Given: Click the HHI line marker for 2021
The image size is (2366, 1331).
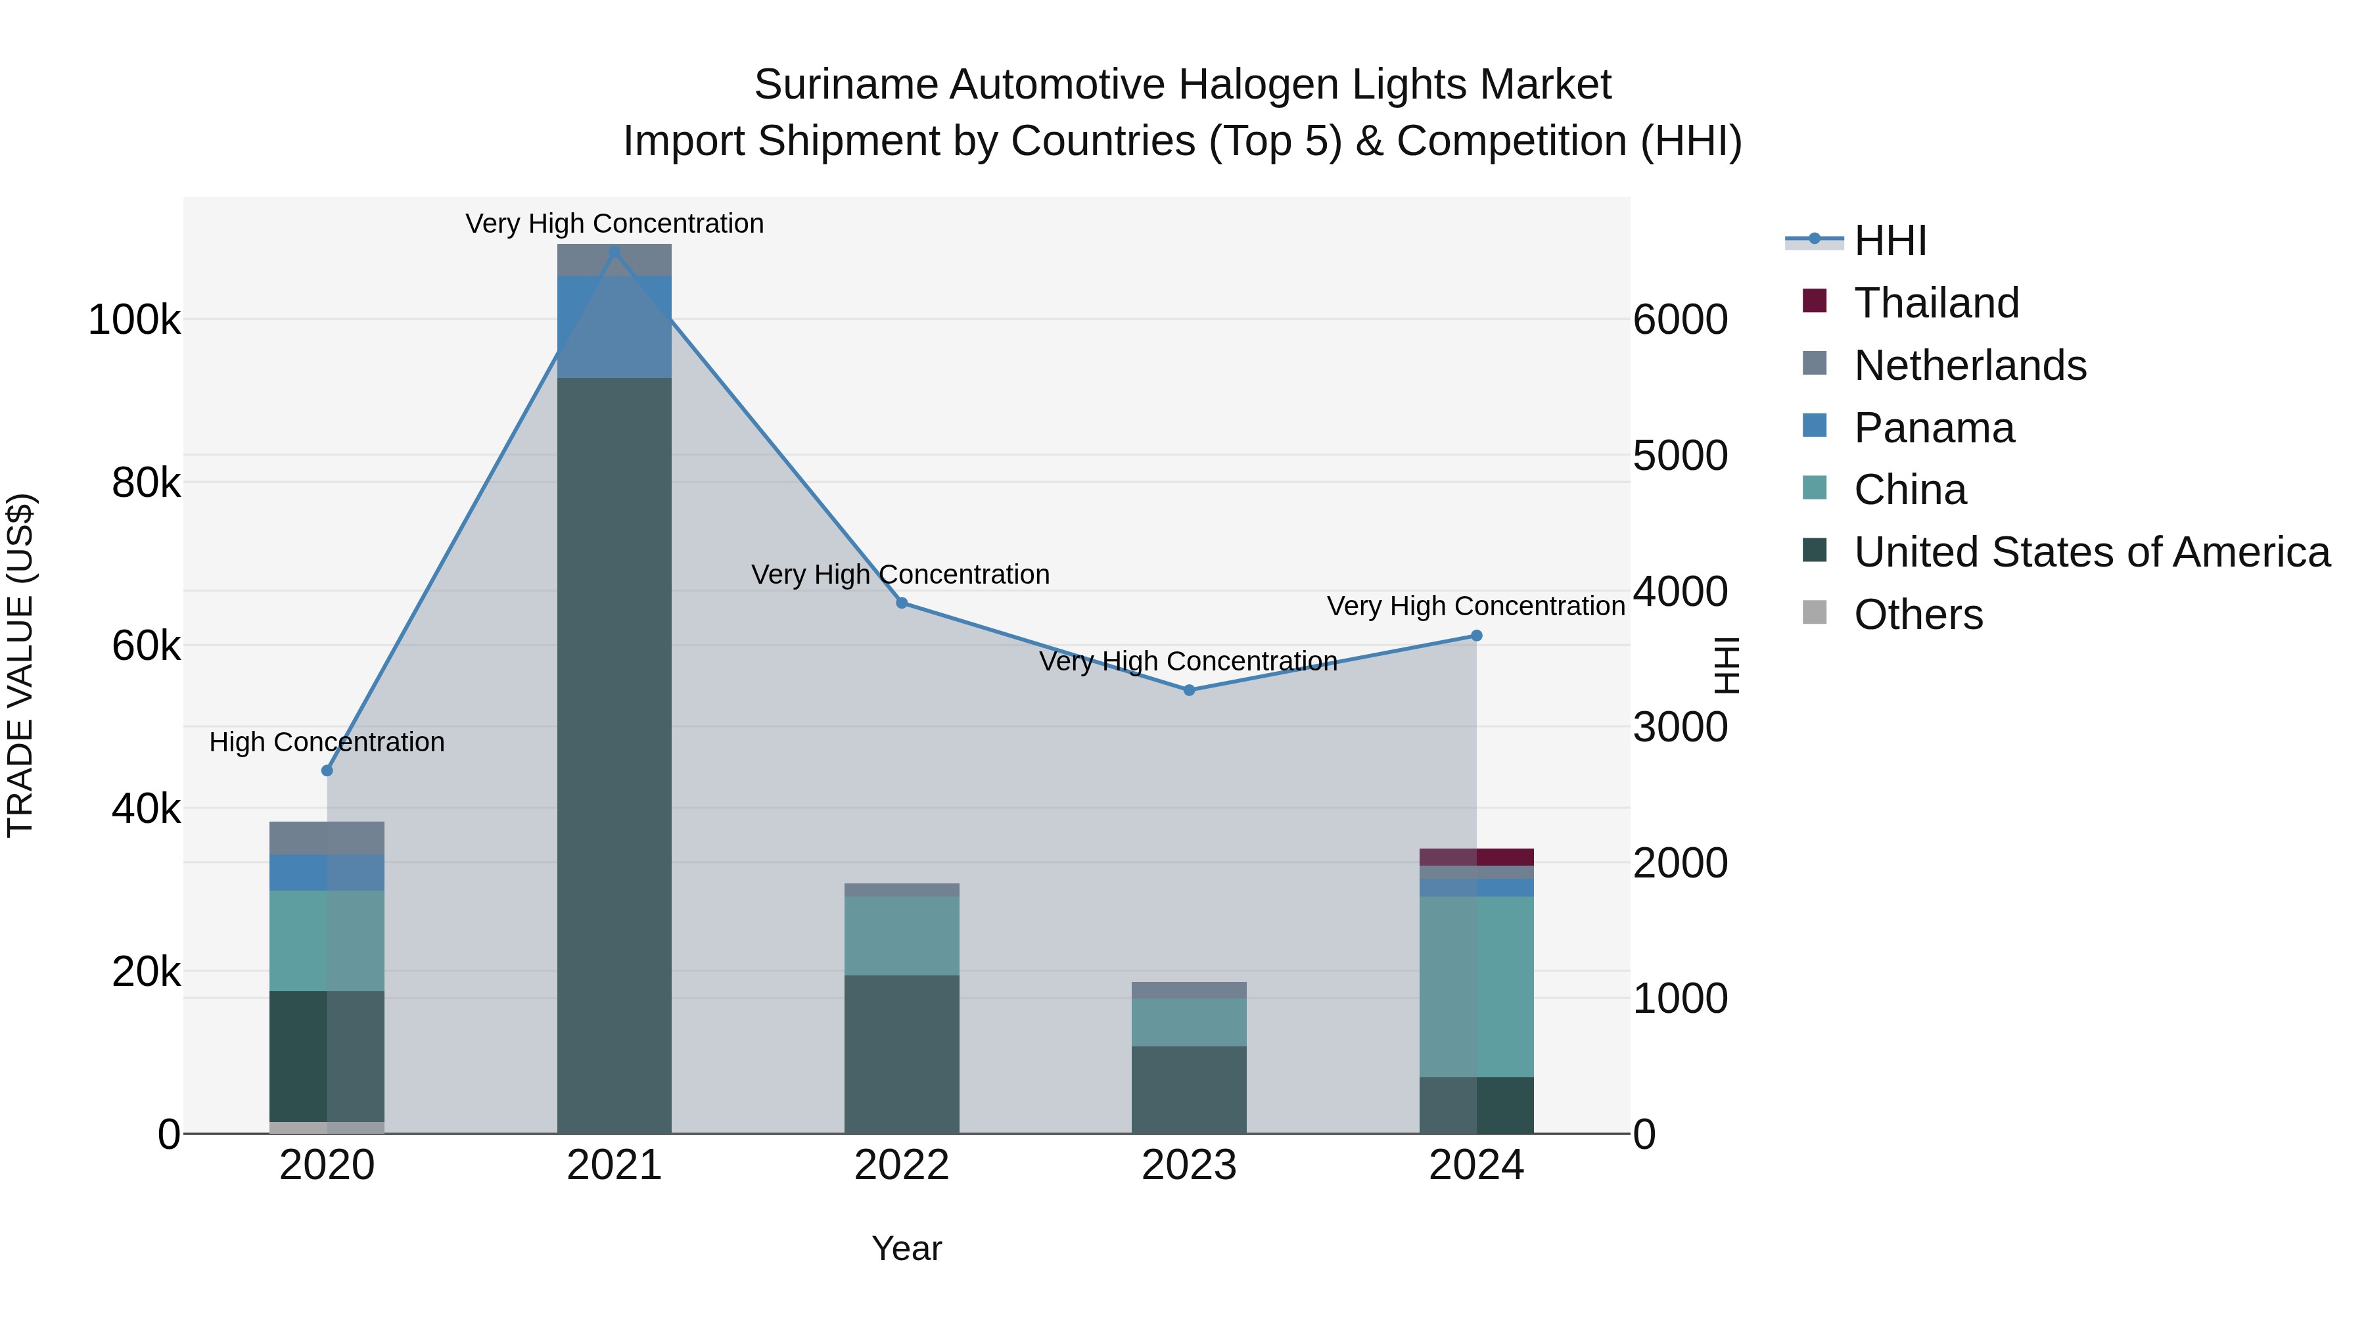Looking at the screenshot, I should point(615,252).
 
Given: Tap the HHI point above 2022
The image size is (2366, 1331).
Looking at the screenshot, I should point(902,603).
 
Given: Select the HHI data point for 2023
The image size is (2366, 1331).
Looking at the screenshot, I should point(1190,690).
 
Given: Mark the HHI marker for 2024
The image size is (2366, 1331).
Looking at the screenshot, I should point(1477,636).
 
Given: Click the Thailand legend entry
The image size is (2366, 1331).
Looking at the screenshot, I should point(1936,303).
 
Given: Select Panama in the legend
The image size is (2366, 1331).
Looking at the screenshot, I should point(1934,428).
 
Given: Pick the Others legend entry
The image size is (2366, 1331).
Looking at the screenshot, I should point(1918,615).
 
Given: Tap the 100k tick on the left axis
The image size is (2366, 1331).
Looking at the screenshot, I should point(134,321).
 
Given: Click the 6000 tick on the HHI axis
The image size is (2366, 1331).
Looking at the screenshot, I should point(1680,321).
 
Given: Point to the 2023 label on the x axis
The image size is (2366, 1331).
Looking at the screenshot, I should point(1190,1165).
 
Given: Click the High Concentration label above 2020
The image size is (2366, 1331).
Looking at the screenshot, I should point(327,742).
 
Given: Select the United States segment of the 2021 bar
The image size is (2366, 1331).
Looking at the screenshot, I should point(615,753).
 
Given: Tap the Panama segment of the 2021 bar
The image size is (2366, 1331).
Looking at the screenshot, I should point(615,326).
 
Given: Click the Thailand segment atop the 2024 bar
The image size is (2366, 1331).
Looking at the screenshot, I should point(1477,857).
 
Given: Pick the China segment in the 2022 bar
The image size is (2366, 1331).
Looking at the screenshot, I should point(902,935).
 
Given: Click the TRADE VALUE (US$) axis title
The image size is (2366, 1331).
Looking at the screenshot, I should point(21,665).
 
